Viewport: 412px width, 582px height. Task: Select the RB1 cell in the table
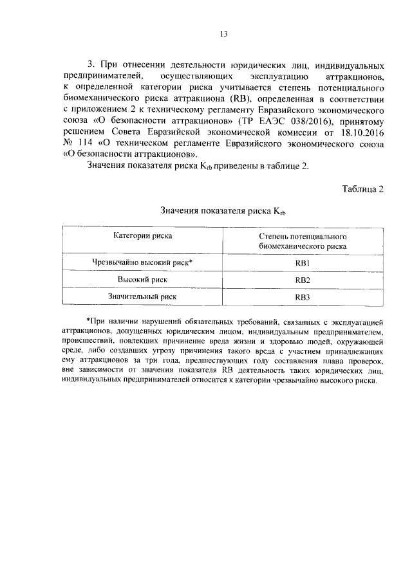[303, 263]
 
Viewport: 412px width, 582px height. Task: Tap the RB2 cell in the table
[303, 280]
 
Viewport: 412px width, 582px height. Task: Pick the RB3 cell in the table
[303, 297]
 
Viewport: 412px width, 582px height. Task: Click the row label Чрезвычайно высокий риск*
[143, 262]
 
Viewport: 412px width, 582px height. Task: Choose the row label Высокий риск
[143, 280]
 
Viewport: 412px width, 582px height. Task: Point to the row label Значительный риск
[143, 296]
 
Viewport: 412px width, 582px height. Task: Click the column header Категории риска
[143, 236]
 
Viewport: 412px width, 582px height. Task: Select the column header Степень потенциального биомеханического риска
[303, 241]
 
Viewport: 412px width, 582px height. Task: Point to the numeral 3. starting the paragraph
[91, 66]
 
